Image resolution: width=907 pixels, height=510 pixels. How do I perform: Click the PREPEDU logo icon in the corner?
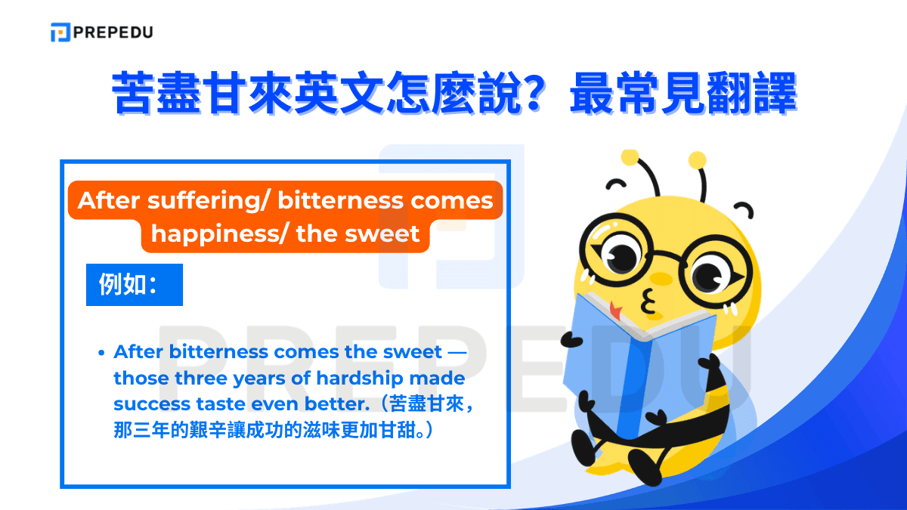click(x=60, y=32)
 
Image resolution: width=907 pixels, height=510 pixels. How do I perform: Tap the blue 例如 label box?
click(x=134, y=284)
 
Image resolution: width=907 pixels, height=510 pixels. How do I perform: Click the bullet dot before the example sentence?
click(x=101, y=353)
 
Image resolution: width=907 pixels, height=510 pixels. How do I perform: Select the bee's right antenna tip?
click(x=698, y=159)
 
